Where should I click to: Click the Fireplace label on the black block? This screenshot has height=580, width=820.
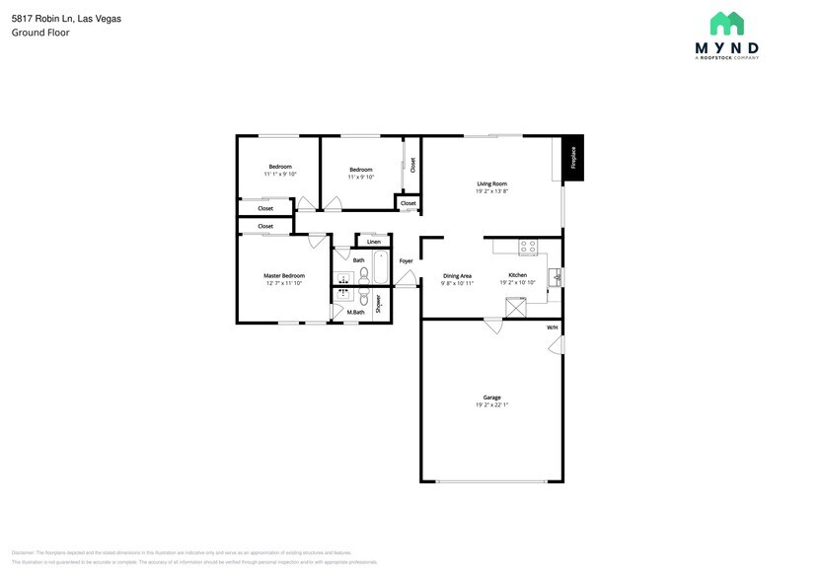click(x=571, y=158)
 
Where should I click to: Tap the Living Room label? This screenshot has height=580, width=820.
click(x=491, y=183)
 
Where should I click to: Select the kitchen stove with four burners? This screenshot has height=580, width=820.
click(x=528, y=247)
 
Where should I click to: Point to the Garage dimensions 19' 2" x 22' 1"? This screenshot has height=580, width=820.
click(x=491, y=404)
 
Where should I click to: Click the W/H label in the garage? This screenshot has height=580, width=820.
click(x=552, y=327)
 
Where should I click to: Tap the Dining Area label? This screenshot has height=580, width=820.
click(x=457, y=276)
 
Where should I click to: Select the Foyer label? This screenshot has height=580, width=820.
click(x=406, y=261)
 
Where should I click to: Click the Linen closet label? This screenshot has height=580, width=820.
click(x=373, y=242)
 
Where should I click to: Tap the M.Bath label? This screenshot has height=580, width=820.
click(x=355, y=313)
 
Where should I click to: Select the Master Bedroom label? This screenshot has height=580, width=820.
click(x=283, y=276)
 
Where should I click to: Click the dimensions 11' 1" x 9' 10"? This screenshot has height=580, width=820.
click(x=280, y=175)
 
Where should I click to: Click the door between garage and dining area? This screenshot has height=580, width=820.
click(x=492, y=325)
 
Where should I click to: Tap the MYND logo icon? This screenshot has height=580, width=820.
click(x=727, y=24)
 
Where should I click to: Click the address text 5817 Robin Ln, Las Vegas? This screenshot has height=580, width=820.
click(x=66, y=19)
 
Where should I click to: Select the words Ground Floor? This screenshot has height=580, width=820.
click(x=40, y=33)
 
